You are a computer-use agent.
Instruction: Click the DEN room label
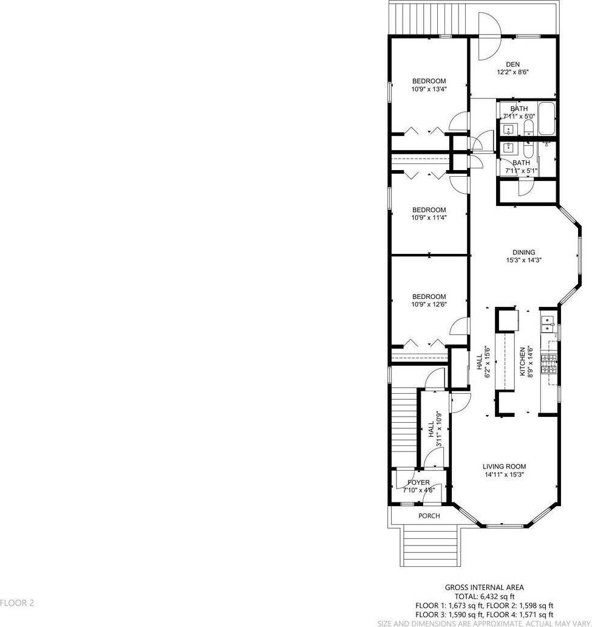(513, 64)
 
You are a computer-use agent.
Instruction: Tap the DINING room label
(523, 252)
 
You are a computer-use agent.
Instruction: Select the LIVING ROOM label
(504, 466)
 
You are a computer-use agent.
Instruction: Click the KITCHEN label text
(522, 361)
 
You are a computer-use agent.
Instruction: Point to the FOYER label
(418, 482)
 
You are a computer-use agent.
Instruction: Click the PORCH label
(429, 516)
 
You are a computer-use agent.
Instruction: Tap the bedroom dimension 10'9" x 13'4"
(429, 89)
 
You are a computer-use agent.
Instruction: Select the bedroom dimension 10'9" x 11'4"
(429, 218)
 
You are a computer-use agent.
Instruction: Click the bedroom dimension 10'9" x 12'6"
(429, 304)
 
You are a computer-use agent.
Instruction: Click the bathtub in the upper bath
(546, 118)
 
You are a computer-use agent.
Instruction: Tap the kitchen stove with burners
(549, 365)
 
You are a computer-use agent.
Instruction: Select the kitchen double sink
(547, 324)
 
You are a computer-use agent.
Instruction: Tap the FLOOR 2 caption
(17, 603)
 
